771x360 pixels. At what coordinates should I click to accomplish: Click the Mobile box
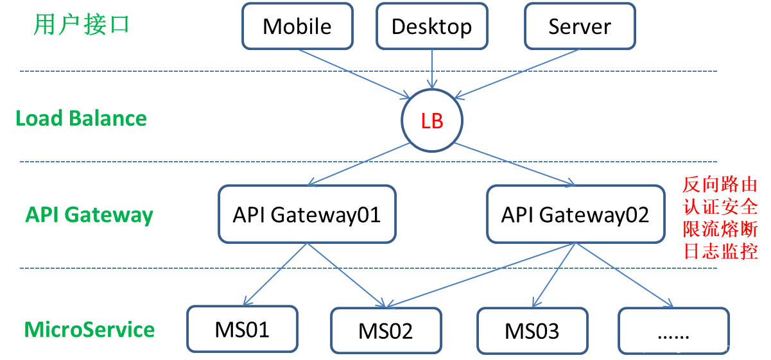click(x=297, y=26)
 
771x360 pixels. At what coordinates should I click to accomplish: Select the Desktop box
click(x=431, y=26)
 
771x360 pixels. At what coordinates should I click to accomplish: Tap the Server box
click(x=580, y=26)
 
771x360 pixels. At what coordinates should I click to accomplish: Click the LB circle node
click(x=432, y=121)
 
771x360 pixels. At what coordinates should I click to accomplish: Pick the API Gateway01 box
click(x=307, y=214)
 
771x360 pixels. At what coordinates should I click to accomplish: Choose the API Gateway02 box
click(x=575, y=214)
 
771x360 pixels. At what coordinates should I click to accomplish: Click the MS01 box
click(x=242, y=329)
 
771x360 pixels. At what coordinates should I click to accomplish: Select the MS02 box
click(x=386, y=331)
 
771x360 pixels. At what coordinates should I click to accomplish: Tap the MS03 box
click(x=532, y=331)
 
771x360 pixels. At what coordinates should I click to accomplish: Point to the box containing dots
click(x=673, y=331)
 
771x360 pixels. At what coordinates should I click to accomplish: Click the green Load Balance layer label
click(x=81, y=119)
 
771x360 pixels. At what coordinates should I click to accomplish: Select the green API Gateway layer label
click(x=89, y=214)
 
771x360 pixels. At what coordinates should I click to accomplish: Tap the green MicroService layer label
click(x=90, y=330)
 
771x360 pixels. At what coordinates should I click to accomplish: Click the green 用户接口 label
click(x=82, y=25)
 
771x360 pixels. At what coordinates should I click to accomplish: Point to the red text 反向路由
click(x=720, y=185)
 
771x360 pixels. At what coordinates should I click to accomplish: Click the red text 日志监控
click(x=720, y=251)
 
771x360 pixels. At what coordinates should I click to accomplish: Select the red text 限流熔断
click(x=720, y=229)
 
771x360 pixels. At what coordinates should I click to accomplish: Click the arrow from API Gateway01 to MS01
click(x=276, y=273)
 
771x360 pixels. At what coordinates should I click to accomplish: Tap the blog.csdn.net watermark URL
click(x=698, y=348)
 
